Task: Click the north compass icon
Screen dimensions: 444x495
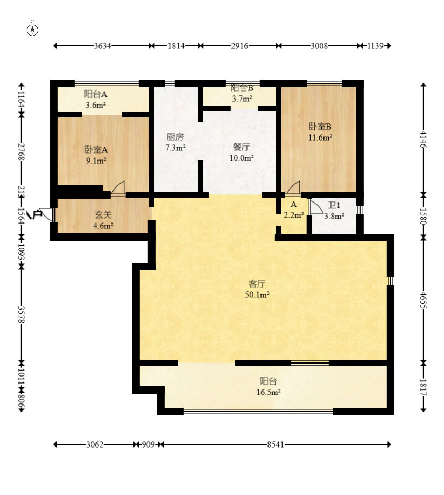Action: coord(32,29)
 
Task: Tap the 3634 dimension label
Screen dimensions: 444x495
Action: coord(102,46)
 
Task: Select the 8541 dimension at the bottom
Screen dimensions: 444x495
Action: coord(276,444)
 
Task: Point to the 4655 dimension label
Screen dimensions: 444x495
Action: coord(423,300)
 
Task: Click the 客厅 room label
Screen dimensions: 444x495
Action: coord(257,284)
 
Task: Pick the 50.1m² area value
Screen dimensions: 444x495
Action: coord(257,295)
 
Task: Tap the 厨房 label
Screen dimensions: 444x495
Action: coord(175,137)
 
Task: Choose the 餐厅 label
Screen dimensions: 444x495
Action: coord(242,147)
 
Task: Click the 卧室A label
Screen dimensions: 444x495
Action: coord(96,149)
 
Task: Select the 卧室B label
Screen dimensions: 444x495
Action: coord(320,127)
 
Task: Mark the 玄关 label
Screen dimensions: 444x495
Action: coord(103,215)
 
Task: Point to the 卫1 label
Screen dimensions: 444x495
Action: coord(334,205)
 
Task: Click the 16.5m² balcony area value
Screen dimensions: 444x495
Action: coord(269,393)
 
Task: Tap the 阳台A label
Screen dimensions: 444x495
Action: coord(96,94)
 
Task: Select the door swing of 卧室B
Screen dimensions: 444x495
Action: coord(293,187)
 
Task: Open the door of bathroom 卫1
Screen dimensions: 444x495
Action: coord(316,206)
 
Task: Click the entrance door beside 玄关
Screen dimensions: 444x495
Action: coord(46,214)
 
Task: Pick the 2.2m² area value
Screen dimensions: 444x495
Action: coord(294,215)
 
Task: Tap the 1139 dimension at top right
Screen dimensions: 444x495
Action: coord(375,46)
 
